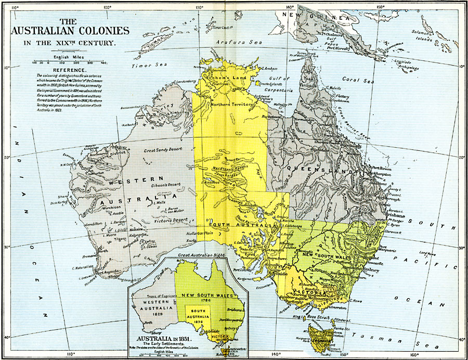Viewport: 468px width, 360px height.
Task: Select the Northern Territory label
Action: [x=232, y=105]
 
